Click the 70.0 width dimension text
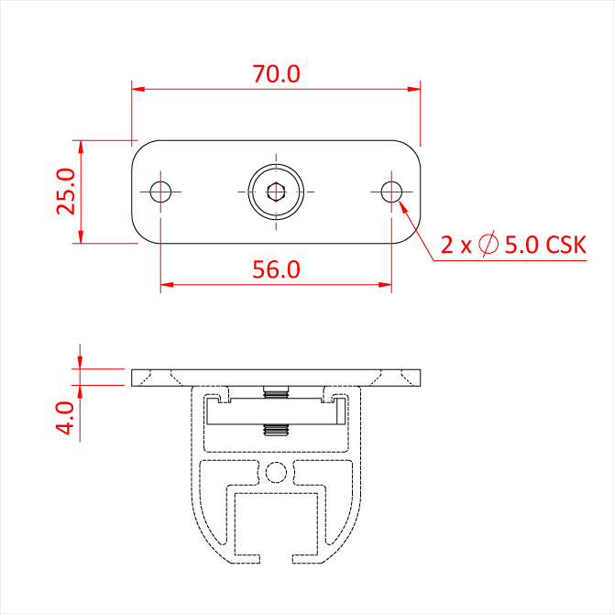276,73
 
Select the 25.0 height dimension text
65,192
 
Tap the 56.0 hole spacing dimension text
276,269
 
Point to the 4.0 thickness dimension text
65,418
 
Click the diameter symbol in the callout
488,244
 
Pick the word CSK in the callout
565,245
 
